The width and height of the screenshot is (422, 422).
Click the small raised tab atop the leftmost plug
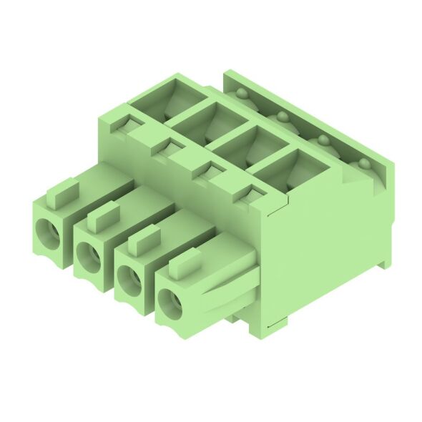coord(62,192)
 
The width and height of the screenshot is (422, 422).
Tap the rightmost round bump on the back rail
coord(365,164)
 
